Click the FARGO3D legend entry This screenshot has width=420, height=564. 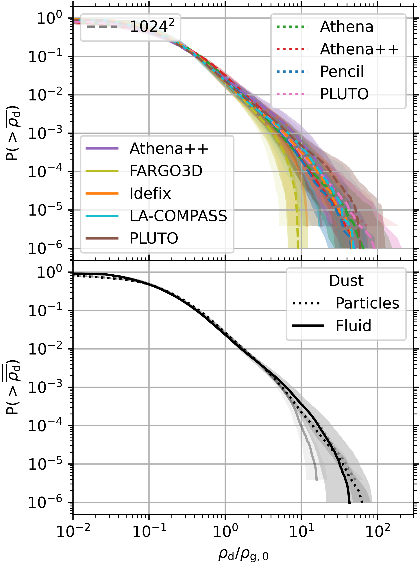(x=166, y=171)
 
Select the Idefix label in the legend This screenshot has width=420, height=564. (x=150, y=193)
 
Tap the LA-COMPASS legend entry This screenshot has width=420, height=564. (x=178, y=216)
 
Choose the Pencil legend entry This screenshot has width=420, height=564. (x=342, y=71)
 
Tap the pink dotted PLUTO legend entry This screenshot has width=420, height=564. (x=344, y=94)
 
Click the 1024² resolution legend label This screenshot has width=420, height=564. (x=152, y=26)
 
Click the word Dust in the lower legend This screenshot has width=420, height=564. (x=346, y=281)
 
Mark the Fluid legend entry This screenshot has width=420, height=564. (x=353, y=326)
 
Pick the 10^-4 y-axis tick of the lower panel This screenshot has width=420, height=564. (x=45, y=426)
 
